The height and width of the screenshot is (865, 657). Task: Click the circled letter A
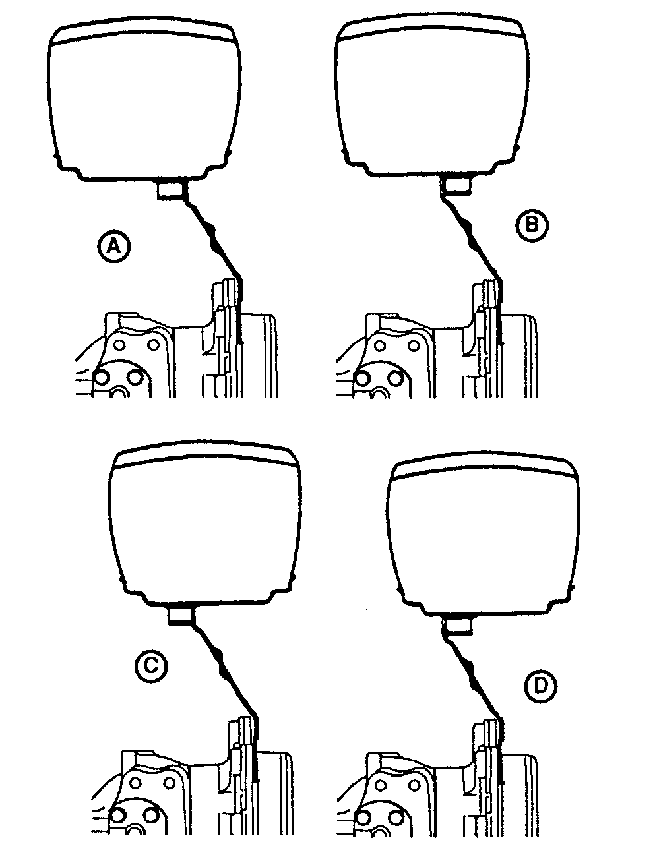click(113, 247)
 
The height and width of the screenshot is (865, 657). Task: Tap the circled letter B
click(532, 225)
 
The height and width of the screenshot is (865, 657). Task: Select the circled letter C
click(151, 666)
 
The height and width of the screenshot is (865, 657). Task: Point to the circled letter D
click(540, 686)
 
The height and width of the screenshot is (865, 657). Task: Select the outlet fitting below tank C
click(181, 616)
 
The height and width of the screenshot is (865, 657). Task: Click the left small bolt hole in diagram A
click(120, 345)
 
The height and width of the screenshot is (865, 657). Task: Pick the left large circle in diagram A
click(103, 378)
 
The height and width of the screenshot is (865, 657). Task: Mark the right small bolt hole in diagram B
click(414, 346)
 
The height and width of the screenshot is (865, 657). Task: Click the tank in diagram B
click(431, 96)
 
